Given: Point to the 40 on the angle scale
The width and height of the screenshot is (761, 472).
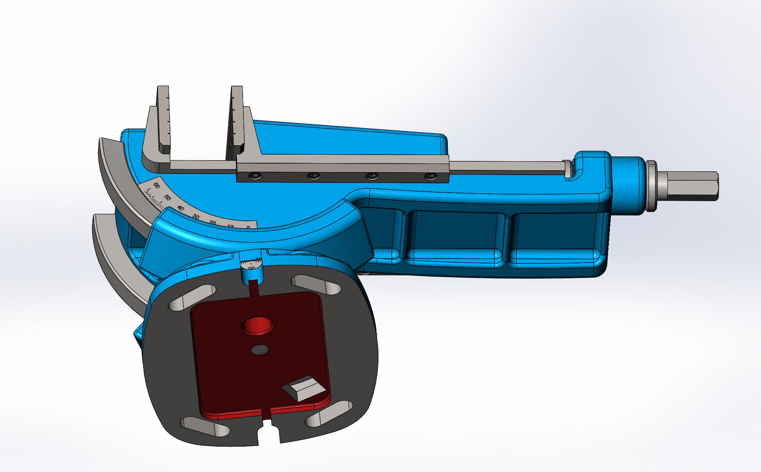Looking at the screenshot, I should (180, 208).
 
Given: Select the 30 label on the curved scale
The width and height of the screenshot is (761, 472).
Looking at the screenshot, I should (196, 216).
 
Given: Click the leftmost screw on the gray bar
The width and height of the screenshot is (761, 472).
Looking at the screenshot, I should (255, 176).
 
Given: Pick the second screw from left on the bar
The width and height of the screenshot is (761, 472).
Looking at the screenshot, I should (313, 176).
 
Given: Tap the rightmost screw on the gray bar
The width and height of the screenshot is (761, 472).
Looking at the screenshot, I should (431, 176).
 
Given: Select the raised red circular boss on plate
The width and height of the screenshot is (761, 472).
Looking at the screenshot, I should (258, 325).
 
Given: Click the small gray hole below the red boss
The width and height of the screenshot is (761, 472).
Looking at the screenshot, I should (260, 350).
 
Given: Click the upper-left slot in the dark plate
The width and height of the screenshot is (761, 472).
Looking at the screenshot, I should (192, 297).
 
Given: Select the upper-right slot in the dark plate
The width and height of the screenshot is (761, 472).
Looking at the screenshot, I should (316, 285).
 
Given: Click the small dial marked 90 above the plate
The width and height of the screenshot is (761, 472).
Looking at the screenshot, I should (251, 265).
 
